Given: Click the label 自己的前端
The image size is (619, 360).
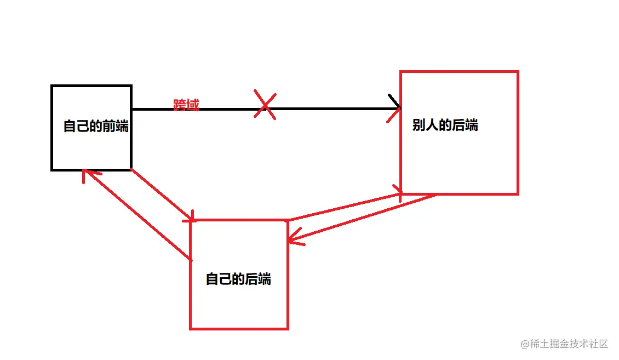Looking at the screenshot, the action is [96, 126].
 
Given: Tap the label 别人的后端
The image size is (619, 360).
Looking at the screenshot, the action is [445, 125].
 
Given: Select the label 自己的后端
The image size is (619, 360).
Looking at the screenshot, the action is [238, 279].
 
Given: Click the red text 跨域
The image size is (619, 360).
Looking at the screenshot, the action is [186, 105].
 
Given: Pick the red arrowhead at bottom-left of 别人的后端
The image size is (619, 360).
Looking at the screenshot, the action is [399, 192].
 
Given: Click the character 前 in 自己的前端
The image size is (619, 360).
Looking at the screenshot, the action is [109, 126].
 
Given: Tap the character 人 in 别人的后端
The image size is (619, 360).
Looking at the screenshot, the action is [432, 125].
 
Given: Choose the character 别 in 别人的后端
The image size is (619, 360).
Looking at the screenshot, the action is [419, 125].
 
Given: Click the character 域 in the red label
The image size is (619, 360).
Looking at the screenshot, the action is [192, 105].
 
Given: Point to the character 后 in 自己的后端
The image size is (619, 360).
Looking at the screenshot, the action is [251, 279].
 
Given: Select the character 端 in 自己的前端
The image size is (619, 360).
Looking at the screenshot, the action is [122, 126].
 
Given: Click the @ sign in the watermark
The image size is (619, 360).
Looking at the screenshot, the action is [524, 345].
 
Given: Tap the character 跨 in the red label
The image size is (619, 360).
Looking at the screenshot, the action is [180, 105].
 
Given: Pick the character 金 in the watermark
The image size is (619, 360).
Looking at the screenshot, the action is [559, 344].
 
